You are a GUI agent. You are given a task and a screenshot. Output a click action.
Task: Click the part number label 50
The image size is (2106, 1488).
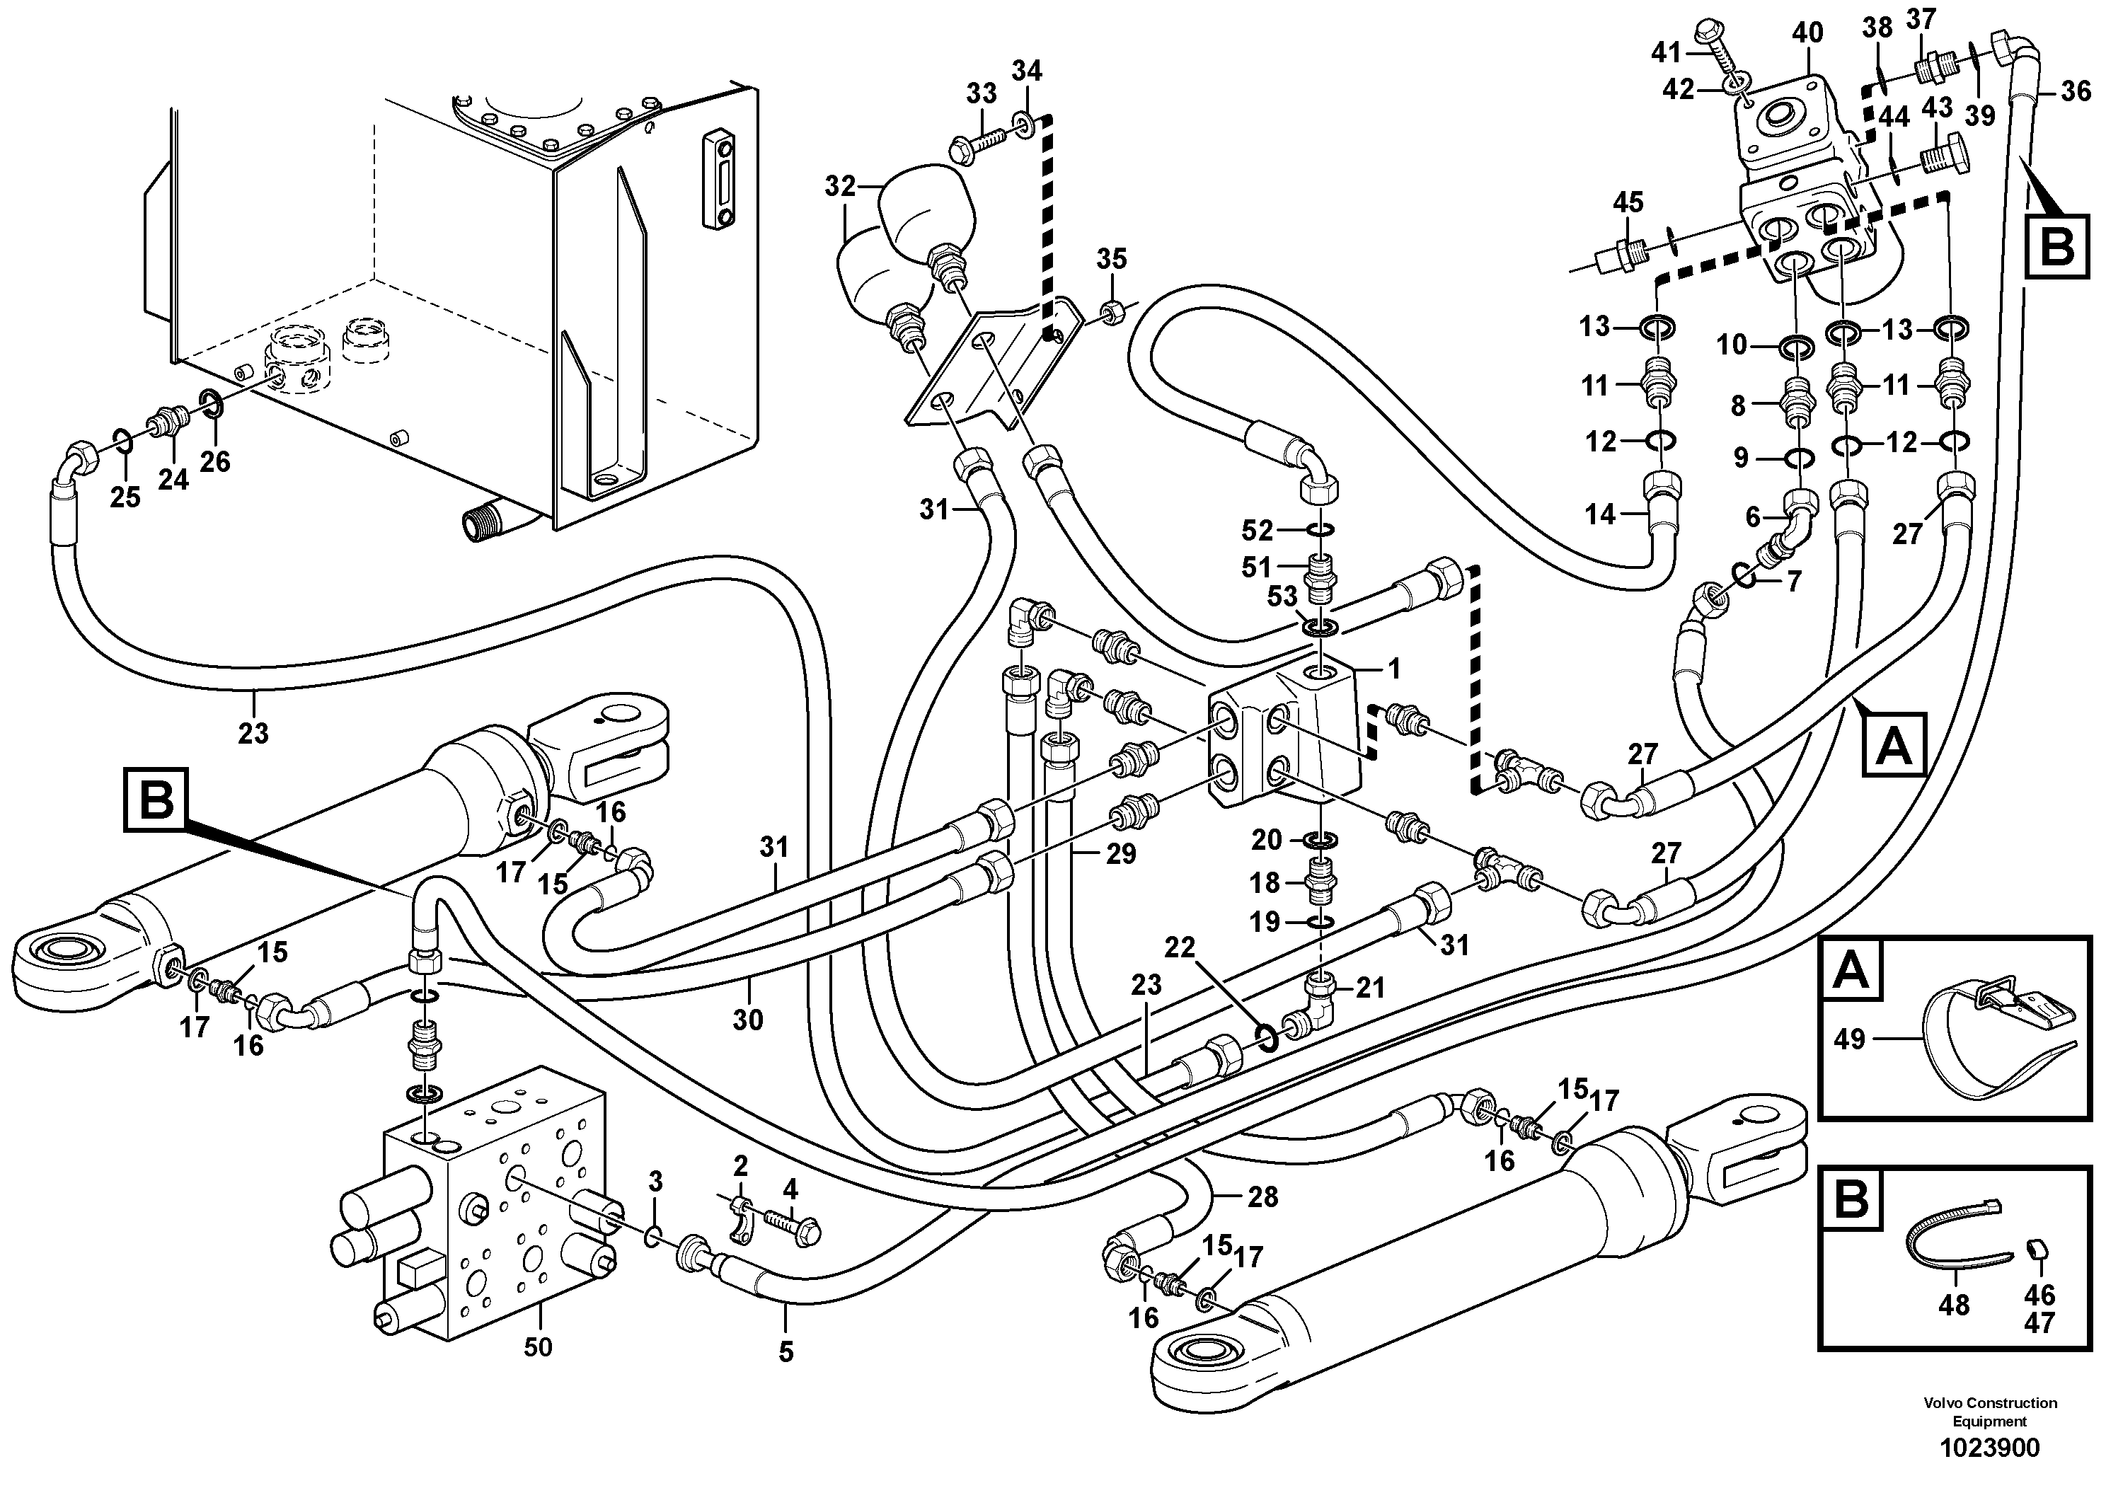538,1348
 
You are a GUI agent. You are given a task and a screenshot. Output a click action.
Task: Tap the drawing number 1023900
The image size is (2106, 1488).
1989,1448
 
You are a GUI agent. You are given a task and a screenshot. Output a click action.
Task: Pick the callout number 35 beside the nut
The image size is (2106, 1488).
1111,259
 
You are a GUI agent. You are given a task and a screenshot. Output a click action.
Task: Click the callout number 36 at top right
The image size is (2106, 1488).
2075,90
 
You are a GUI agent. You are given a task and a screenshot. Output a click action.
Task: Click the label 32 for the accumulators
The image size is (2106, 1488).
839,186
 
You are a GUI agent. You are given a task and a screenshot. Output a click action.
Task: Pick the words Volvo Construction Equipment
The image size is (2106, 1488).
1989,1412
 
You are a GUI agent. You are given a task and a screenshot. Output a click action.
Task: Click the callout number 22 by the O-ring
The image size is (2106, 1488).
1180,947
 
